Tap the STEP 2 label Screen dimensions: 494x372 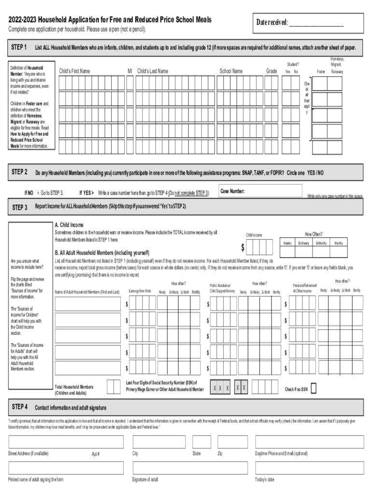pos(19,172)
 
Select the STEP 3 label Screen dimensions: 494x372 pos(19,207)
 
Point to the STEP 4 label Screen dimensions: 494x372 pos(19,407)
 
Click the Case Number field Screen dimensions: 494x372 pos(261,191)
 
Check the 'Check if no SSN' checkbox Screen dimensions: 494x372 pos(314,388)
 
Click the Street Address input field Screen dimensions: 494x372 pos(66,442)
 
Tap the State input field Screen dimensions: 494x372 pos(201,442)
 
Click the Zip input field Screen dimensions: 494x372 pos(232,442)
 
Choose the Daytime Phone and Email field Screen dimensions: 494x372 pos(309,442)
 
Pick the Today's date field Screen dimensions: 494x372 pos(309,467)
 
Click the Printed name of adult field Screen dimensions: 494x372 pos(66,467)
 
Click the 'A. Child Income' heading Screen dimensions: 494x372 pos(69,225)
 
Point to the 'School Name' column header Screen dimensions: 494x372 pos(231,71)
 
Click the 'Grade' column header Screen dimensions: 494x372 pos(272,71)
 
